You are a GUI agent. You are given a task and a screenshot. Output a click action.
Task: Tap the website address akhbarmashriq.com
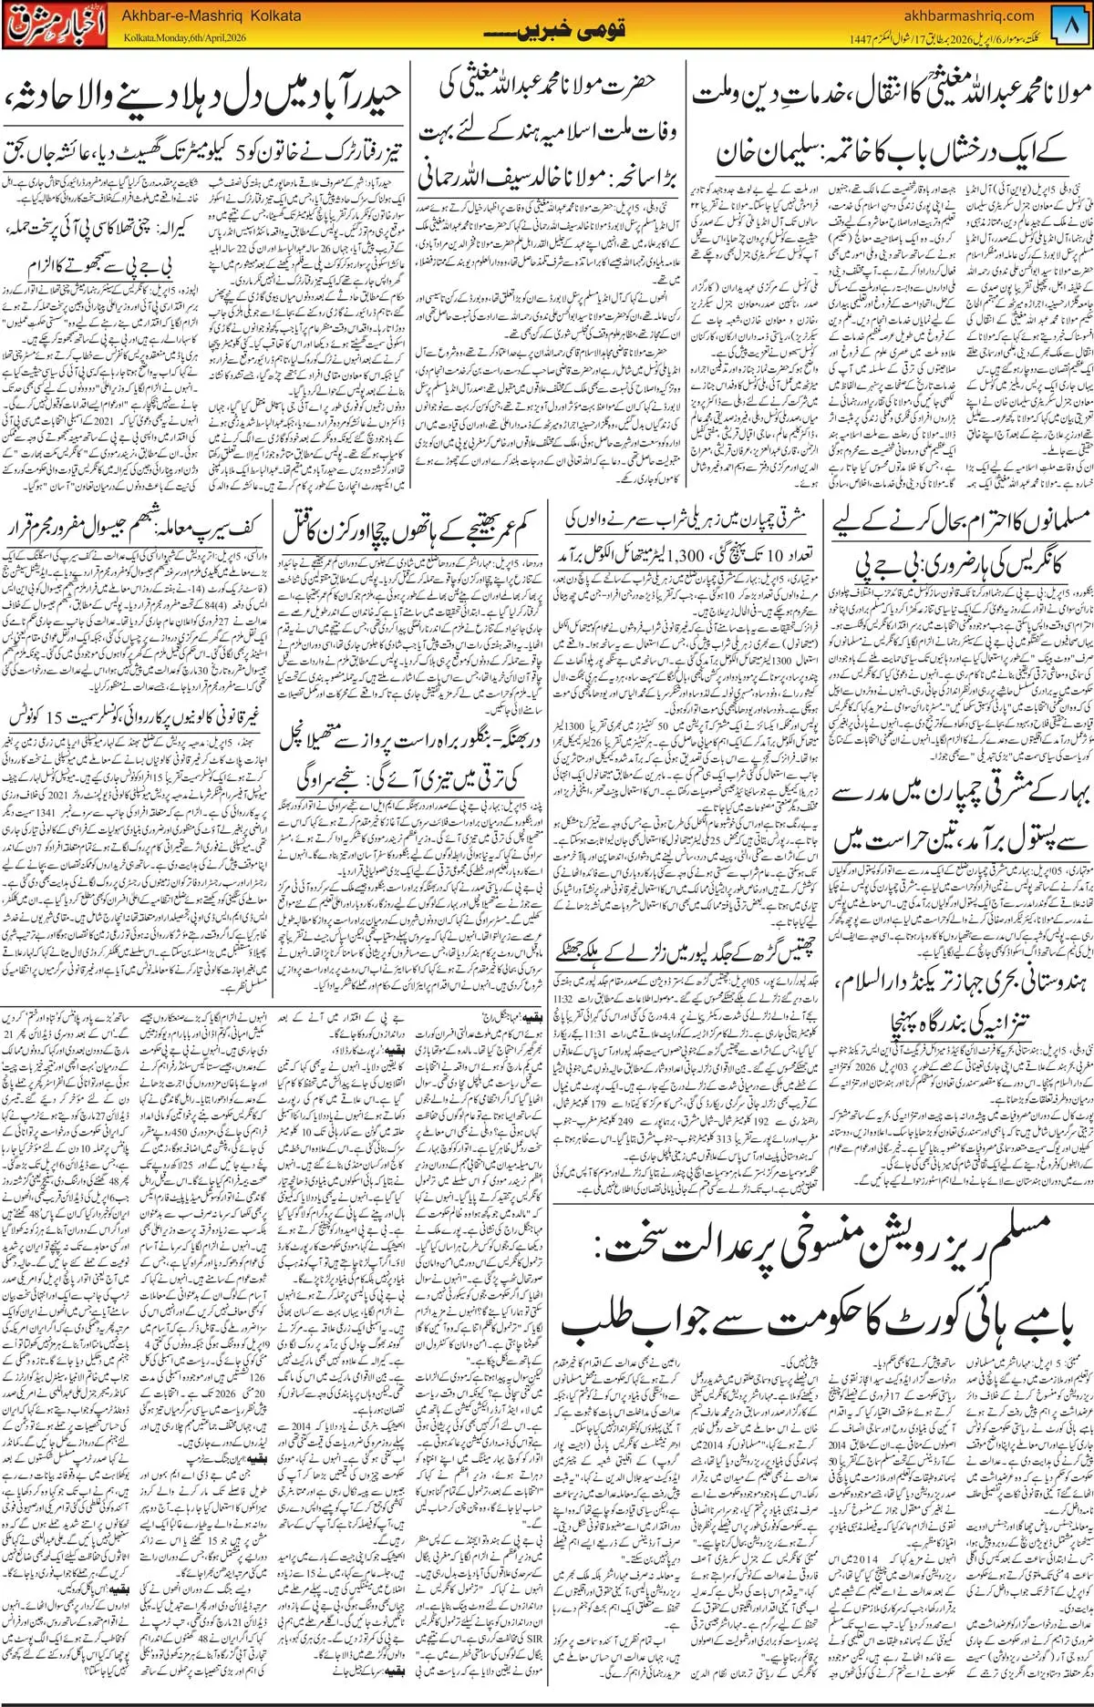[x=969, y=15]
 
